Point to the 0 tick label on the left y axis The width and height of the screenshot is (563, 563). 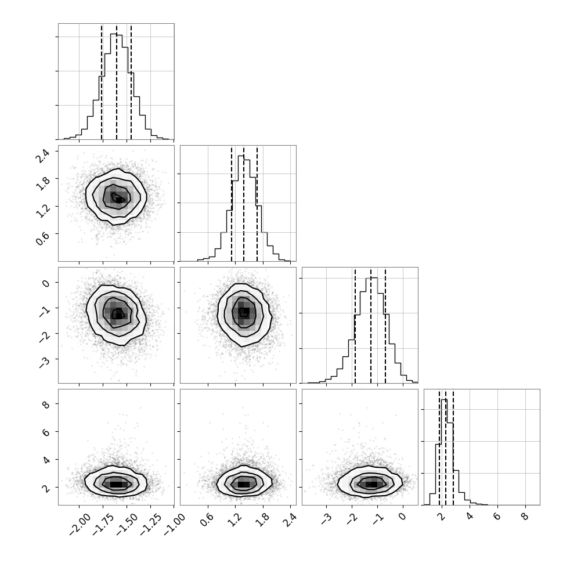46,283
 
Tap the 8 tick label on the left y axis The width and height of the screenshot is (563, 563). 46,403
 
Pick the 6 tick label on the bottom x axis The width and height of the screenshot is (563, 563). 497,517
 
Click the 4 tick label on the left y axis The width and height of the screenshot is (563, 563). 46,460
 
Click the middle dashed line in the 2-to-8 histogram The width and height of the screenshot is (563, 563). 446,447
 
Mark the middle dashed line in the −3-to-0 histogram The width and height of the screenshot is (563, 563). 371,325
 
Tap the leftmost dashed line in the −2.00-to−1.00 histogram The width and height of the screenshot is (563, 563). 102,81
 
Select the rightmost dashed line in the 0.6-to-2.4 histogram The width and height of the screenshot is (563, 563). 257,203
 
